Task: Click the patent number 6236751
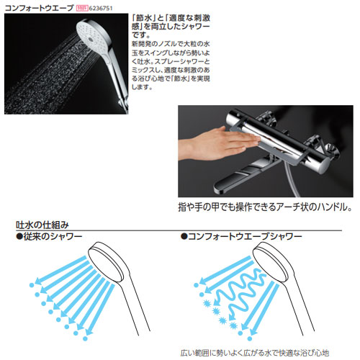coord(101,8)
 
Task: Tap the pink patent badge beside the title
coord(82,8)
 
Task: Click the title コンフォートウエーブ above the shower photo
coord(39,8)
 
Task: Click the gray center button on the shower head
coord(90,38)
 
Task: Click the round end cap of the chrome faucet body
coord(323,166)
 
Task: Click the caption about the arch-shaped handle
coord(265,207)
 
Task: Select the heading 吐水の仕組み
coord(42,225)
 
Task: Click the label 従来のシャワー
coord(49,237)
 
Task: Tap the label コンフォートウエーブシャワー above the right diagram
coord(241,237)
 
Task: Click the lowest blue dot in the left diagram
coord(85,338)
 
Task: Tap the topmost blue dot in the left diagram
coord(32,285)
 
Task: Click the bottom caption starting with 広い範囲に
coord(254,353)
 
